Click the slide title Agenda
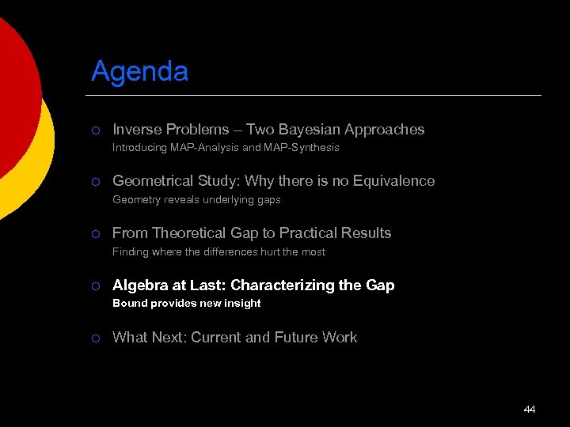pos(139,72)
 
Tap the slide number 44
pos(530,409)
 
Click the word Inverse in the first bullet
pos(136,129)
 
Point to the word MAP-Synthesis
pos(304,148)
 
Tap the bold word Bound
pos(130,304)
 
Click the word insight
pos(242,304)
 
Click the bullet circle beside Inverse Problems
pos(95,130)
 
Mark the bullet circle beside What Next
pos(95,338)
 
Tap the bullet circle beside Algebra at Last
pos(95,286)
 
